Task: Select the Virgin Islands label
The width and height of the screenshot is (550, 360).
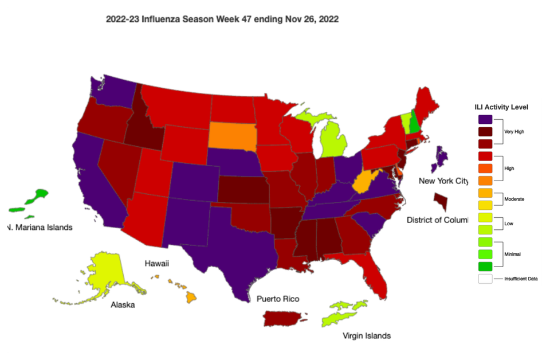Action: click(366, 335)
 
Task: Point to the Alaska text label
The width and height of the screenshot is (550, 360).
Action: click(123, 305)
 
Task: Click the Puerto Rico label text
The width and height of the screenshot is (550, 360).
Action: click(277, 299)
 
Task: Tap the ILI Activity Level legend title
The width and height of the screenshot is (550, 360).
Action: click(501, 107)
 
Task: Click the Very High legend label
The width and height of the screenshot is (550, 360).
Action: click(514, 131)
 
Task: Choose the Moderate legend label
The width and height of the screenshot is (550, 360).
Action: click(514, 198)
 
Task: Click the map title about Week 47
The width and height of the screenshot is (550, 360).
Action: click(222, 19)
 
